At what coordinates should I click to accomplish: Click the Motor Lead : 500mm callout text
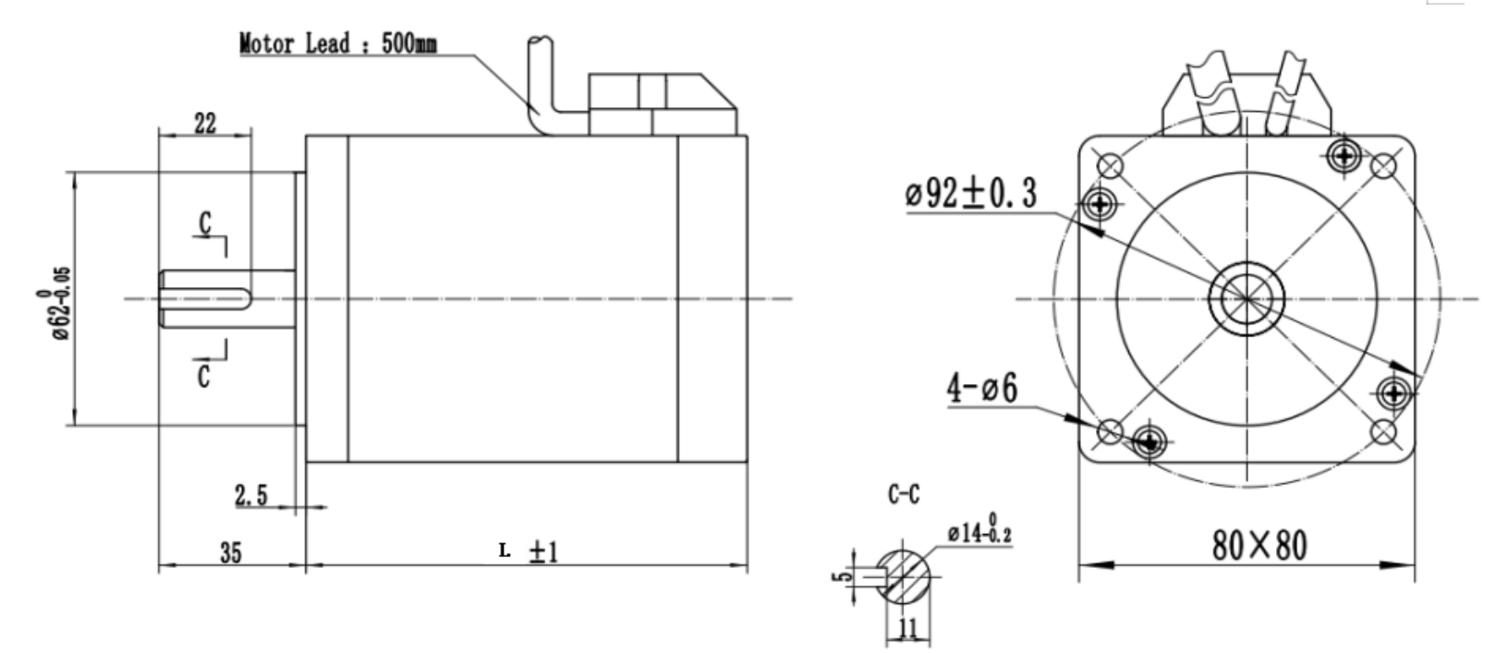click(x=338, y=43)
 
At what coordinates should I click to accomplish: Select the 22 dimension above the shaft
click(x=205, y=123)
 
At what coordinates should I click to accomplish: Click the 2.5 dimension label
click(x=250, y=497)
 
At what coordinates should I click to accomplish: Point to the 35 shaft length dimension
click(x=230, y=552)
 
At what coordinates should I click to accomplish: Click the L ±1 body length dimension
click(x=529, y=551)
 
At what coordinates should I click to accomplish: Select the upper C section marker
click(x=205, y=223)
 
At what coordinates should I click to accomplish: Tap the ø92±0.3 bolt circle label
click(x=970, y=194)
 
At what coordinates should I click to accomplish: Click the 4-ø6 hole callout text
click(x=981, y=389)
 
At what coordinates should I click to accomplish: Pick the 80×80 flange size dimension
click(x=1259, y=546)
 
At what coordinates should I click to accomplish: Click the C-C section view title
click(x=904, y=495)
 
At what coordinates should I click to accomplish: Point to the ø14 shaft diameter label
click(x=979, y=533)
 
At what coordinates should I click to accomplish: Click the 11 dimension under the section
click(x=907, y=629)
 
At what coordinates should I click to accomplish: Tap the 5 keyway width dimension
click(x=838, y=577)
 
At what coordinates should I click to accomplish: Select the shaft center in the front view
click(x=1245, y=297)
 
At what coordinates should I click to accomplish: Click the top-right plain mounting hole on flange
click(x=1382, y=166)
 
